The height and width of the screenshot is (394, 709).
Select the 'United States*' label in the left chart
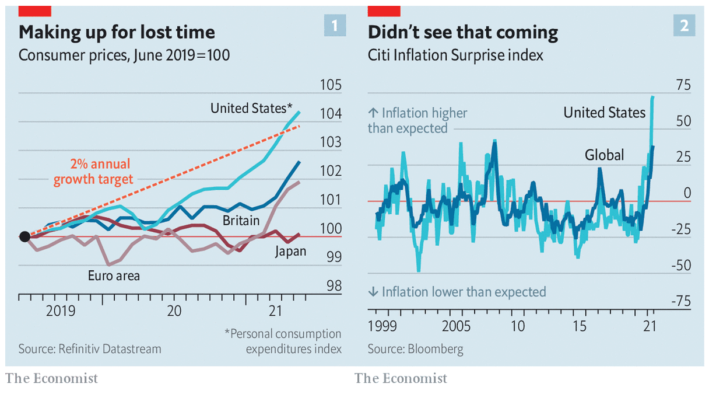pos(251,108)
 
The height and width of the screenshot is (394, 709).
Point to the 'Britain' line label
pos(241,220)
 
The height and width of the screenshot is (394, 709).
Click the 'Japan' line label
pos(290,252)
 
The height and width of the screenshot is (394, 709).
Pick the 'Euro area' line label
pos(114,276)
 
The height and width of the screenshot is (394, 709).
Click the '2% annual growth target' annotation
pos(93,172)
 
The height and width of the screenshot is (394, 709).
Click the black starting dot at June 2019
pos(24,236)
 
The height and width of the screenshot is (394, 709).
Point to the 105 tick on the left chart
pos(331,86)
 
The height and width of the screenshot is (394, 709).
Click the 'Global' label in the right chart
pos(604,155)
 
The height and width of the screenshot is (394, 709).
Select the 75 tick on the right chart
pos(683,86)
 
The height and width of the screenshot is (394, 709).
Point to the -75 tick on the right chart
pos(680,301)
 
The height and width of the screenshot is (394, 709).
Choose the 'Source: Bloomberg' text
pos(415,349)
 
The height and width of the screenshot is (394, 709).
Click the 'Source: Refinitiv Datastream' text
pos(90,349)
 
